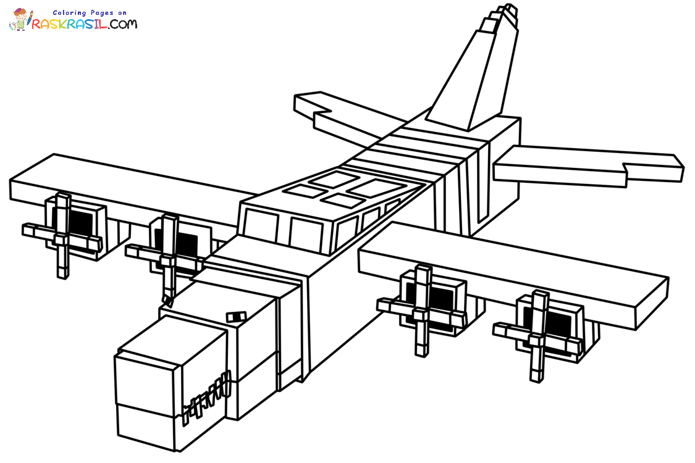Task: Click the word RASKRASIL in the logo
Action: click(x=71, y=24)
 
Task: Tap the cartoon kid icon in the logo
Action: click(x=20, y=19)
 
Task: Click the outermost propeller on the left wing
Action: click(x=62, y=235)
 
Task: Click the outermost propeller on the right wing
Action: click(x=537, y=333)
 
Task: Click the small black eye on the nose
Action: click(x=235, y=317)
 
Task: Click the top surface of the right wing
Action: click(x=513, y=265)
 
